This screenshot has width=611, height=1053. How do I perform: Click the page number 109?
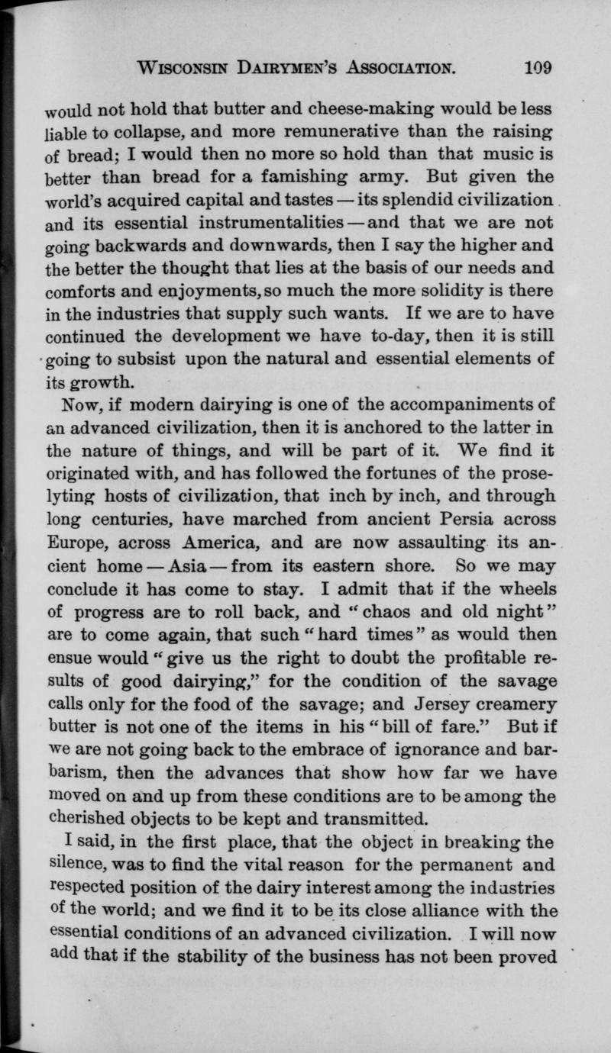[538, 66]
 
